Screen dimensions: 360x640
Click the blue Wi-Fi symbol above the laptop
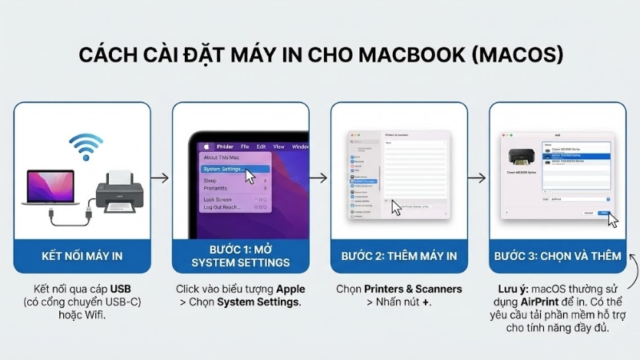pos(86,146)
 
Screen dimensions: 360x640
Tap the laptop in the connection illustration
pos(51,187)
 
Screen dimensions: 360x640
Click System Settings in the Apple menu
pos(225,169)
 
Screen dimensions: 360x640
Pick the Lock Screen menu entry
pos(218,198)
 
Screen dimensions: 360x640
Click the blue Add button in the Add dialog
pos(604,213)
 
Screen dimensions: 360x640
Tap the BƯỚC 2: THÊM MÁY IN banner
pos(399,256)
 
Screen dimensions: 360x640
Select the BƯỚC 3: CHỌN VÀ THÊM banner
pos(558,256)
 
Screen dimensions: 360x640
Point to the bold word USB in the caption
pos(121,288)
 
